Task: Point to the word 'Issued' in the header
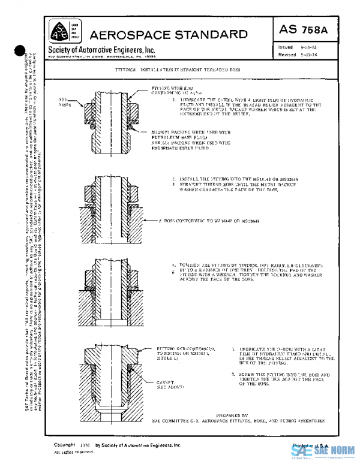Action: point(285,47)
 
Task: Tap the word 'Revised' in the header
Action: point(287,55)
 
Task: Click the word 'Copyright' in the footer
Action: point(64,445)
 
